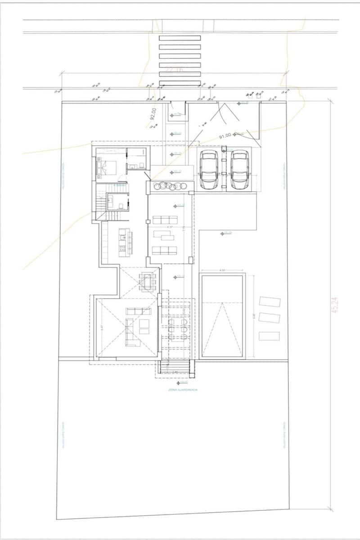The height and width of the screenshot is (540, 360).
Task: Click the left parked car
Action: (x=209, y=170)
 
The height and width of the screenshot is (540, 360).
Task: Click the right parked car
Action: (x=239, y=170)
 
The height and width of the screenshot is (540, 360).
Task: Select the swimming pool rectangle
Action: (x=222, y=316)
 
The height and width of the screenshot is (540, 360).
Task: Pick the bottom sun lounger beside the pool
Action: (x=269, y=336)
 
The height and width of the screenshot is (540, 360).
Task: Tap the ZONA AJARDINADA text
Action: (x=176, y=390)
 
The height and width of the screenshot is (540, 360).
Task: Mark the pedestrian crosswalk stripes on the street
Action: (x=180, y=60)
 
